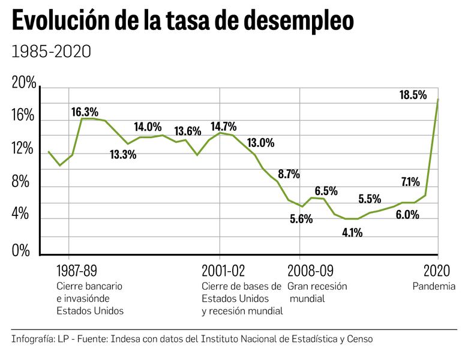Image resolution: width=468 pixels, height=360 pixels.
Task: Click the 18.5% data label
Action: [413, 94]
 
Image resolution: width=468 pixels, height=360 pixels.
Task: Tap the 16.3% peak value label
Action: [85, 112]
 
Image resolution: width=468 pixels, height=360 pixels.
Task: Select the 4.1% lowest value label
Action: [352, 233]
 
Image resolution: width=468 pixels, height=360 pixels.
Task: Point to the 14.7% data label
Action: [223, 127]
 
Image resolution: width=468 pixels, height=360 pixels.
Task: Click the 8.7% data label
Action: [289, 175]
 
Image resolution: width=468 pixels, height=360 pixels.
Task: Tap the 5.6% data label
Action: [301, 219]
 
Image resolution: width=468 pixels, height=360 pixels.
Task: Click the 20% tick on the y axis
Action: [24, 84]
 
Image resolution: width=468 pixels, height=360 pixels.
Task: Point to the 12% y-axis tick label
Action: [24, 149]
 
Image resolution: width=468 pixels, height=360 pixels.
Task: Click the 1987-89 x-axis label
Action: [76, 270]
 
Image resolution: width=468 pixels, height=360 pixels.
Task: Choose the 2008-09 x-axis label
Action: [310, 270]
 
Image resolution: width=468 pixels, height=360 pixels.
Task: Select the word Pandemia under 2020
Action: [433, 286]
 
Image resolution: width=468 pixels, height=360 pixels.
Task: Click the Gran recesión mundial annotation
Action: [317, 292]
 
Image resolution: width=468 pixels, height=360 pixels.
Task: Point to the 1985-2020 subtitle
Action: [51, 52]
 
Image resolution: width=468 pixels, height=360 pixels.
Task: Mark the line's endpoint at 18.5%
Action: [438, 99]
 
